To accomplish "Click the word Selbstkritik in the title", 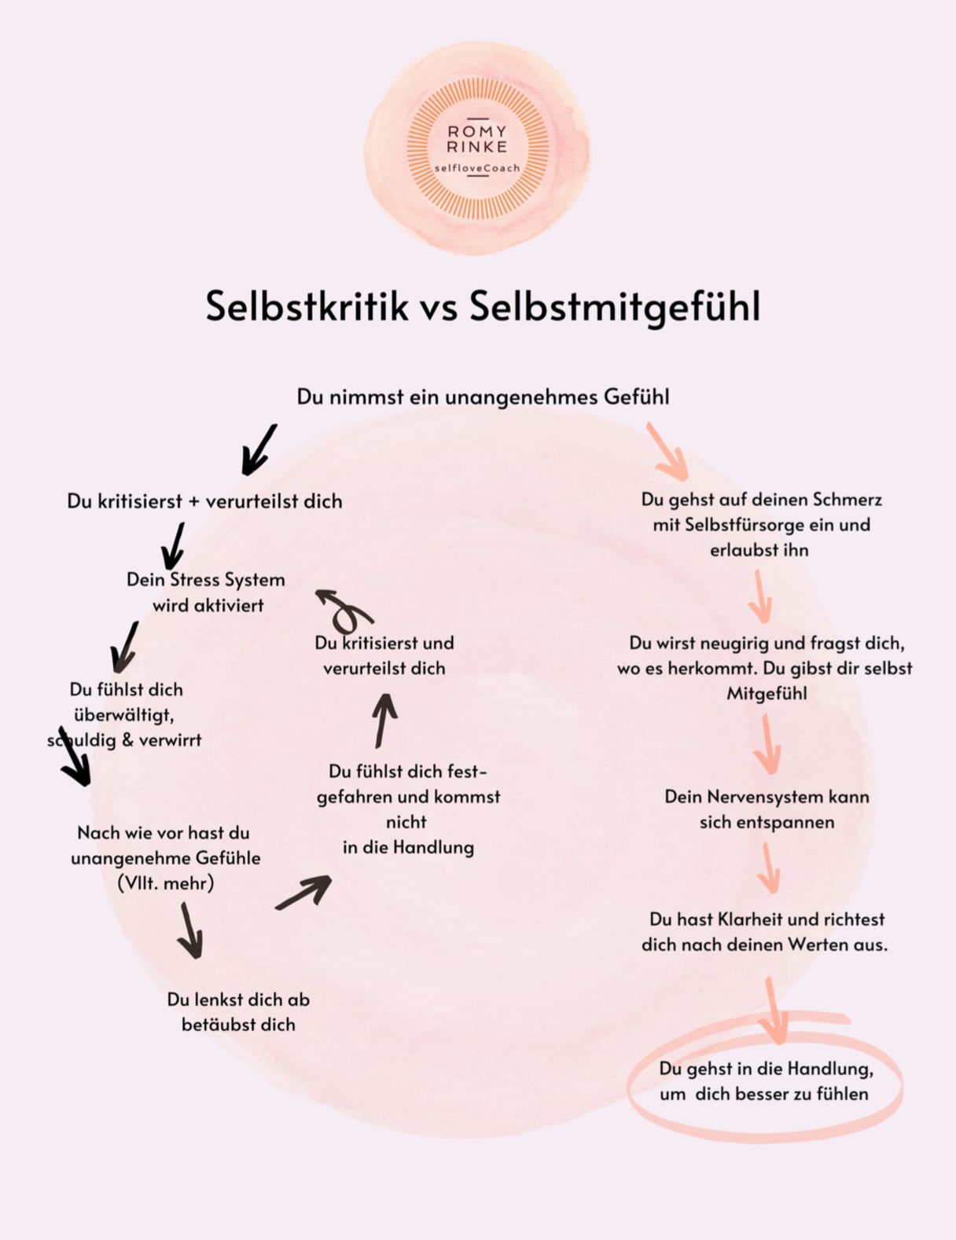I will (307, 306).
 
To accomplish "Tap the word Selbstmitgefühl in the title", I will (615, 306).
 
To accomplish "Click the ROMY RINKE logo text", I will (477, 139).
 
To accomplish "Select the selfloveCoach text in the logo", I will (477, 168).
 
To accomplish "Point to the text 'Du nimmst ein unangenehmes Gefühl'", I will (483, 397).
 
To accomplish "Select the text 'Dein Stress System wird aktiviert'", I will (206, 592).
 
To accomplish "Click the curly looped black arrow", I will (344, 610).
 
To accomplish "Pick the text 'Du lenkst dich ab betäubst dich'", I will (238, 1011).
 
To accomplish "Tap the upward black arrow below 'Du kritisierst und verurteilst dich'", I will (384, 719).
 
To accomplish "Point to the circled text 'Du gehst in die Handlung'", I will (766, 1069).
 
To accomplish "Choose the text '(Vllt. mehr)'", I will (165, 883).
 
